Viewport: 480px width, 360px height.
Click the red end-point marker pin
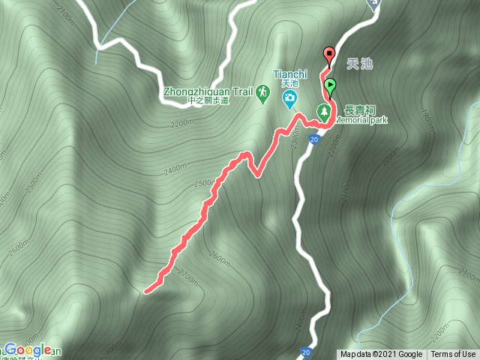pyautogui.click(x=328, y=55)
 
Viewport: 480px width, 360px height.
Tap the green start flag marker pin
pyautogui.click(x=330, y=85)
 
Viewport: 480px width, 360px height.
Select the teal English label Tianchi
pyautogui.click(x=289, y=73)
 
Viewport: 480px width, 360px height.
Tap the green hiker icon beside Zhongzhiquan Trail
pyautogui.click(x=262, y=92)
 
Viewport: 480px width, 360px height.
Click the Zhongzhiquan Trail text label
pyautogui.click(x=207, y=92)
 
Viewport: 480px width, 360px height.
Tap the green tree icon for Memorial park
pyautogui.click(x=325, y=112)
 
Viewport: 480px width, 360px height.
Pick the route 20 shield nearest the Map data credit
pyautogui.click(x=305, y=351)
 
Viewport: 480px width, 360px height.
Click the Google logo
pyautogui.click(x=28, y=350)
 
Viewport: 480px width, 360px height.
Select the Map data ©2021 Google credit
pyautogui.click(x=381, y=355)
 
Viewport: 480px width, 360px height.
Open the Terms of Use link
pyautogui.click(x=454, y=355)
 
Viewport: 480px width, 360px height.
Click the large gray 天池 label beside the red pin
pyautogui.click(x=360, y=64)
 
